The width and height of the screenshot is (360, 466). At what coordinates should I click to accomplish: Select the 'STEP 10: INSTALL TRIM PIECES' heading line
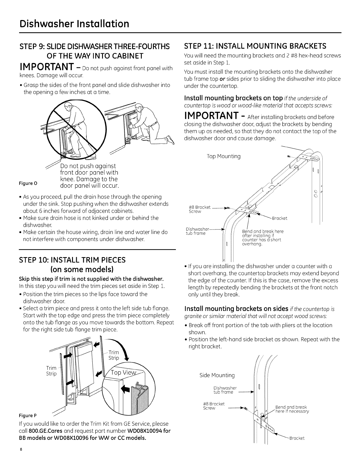coord(72,260)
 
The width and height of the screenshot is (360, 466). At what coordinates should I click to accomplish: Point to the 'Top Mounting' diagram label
coord(224,157)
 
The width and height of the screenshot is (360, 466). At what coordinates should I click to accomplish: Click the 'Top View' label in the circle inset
coord(124,373)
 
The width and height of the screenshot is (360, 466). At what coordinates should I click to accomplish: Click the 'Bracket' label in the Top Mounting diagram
coord(279,218)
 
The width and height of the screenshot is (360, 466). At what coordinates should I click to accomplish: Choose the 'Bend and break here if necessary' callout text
coord(292,409)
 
